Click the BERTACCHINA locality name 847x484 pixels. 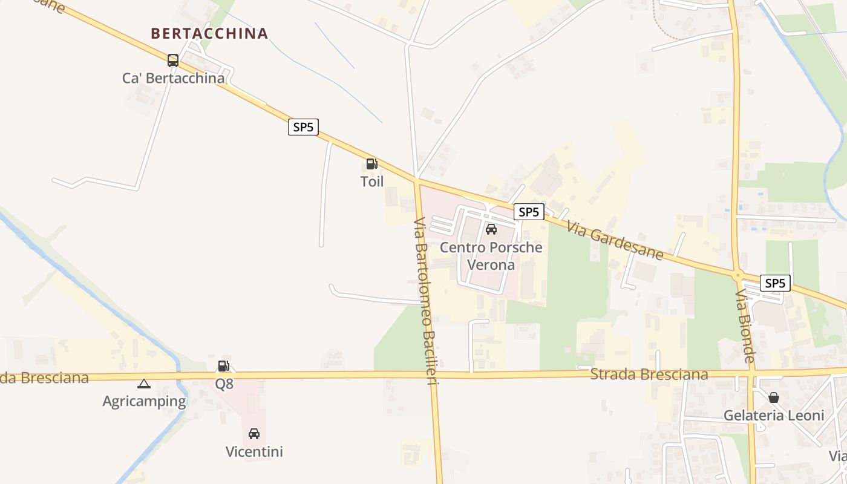[x=209, y=33]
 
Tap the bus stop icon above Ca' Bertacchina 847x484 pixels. [x=173, y=60]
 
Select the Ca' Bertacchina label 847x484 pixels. [x=173, y=78]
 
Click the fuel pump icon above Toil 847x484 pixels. [x=371, y=164]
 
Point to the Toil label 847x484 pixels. [x=372, y=181]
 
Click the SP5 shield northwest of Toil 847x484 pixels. [x=303, y=127]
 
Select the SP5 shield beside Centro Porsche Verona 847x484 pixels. [x=529, y=212]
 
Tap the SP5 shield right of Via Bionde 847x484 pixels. [x=775, y=283]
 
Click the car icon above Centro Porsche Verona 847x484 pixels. [x=491, y=229]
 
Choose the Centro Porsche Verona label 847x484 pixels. [x=491, y=256]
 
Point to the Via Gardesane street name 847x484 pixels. [x=615, y=240]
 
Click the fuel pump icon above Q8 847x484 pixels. [x=224, y=366]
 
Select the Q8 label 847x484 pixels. [x=224, y=384]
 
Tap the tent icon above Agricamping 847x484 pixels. [x=143, y=384]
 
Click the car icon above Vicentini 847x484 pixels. [x=254, y=434]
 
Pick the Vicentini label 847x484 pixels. [x=254, y=452]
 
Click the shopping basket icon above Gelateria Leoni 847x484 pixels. [x=774, y=397]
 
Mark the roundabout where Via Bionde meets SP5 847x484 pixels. [x=737, y=276]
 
